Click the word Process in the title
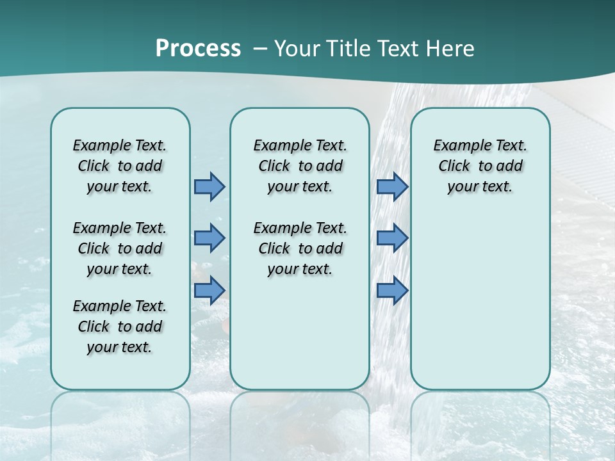pos(198,49)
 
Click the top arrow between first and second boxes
pos(209,187)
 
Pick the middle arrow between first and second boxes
pos(209,238)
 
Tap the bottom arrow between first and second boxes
pos(209,291)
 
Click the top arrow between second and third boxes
pos(392,187)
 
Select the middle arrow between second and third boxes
pos(392,238)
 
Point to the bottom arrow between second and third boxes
pos(392,291)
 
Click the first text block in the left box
pos(120,166)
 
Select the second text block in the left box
pos(120,248)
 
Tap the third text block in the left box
pos(120,327)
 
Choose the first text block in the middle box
pos(300,166)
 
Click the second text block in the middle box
pos(300,248)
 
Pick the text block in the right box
pos(480,166)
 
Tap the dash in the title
pos(260,49)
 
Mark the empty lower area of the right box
pos(480,301)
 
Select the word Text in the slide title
pos(397,49)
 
